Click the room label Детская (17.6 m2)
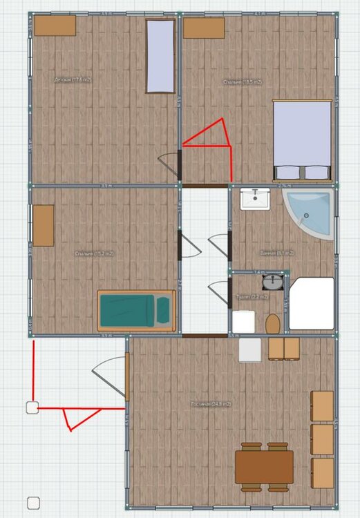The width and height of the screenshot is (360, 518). [x=73, y=80]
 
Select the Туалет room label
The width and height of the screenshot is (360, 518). [x=247, y=296]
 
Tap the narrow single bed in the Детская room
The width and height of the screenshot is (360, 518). [x=160, y=56]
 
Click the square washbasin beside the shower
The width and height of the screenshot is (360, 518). [x=255, y=200]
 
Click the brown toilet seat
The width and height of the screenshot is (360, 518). [x=273, y=323]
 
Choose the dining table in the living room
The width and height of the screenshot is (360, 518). [x=263, y=467]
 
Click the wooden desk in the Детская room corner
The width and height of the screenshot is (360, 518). [x=55, y=26]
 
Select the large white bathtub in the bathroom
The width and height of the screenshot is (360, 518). [x=311, y=304]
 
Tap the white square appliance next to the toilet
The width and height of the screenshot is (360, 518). [x=251, y=349]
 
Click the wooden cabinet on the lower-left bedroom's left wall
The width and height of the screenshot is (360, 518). [x=44, y=225]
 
